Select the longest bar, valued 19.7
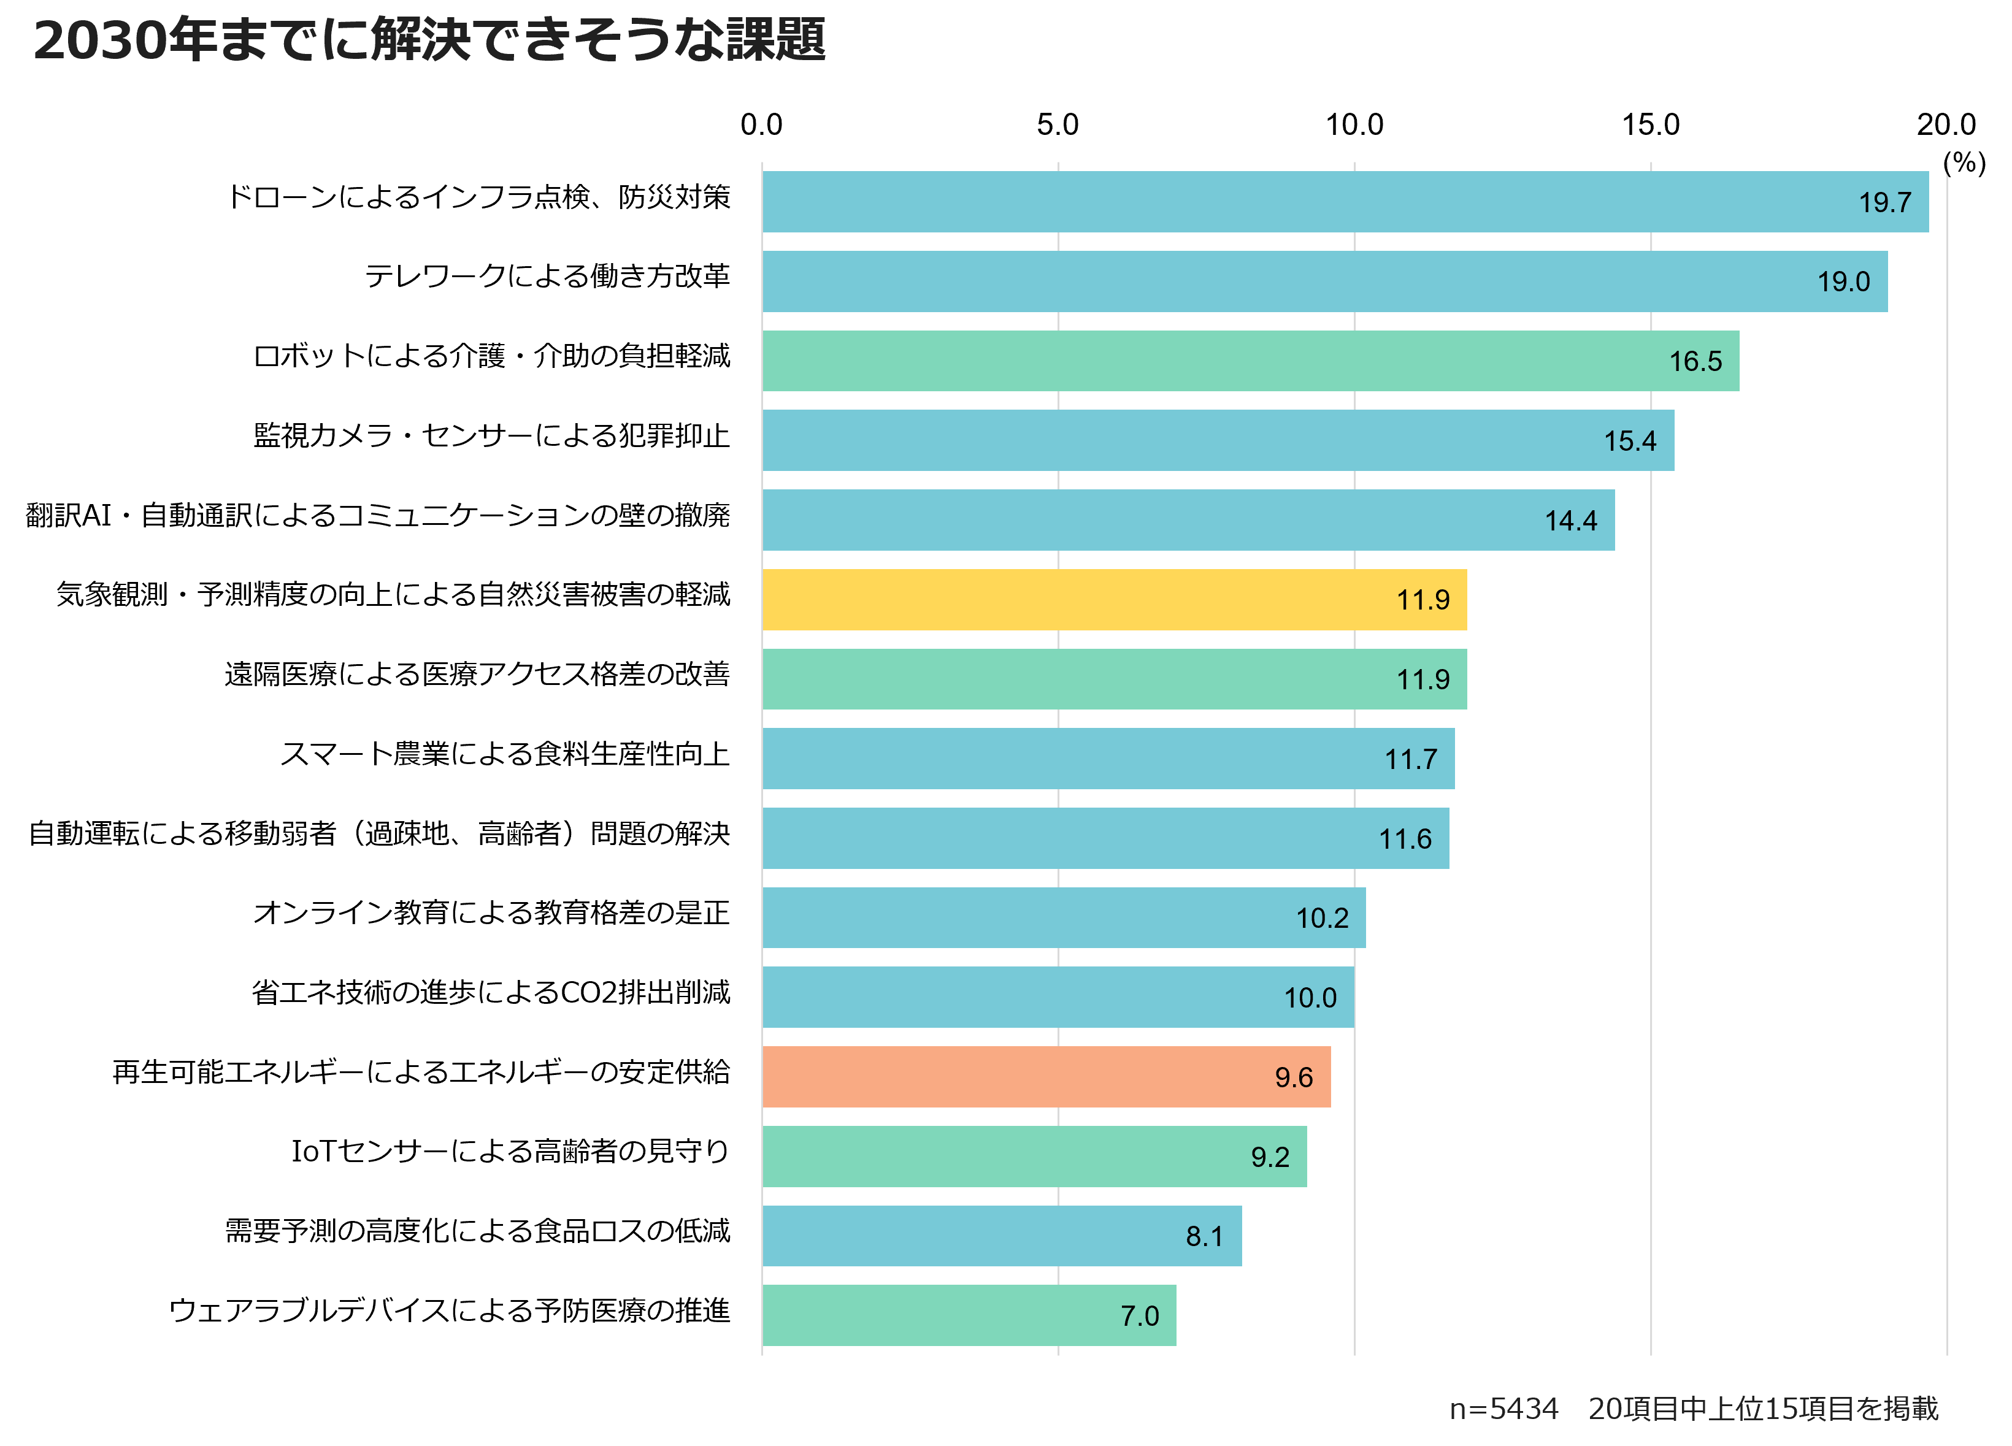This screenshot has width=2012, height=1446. click(x=1345, y=202)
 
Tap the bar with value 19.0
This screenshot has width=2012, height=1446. click(x=1324, y=281)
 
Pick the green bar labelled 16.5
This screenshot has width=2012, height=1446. click(x=1250, y=361)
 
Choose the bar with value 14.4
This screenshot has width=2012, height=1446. click(x=1188, y=520)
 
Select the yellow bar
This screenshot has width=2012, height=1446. click(x=1114, y=600)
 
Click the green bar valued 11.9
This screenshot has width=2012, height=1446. click(x=1114, y=679)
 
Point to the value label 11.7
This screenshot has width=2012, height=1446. click(x=1410, y=759)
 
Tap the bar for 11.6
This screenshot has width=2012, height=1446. click(x=1105, y=838)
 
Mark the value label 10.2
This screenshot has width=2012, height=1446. click(x=1322, y=918)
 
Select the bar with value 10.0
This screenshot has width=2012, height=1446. click(x=1058, y=997)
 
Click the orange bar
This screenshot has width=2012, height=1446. click(x=1046, y=1077)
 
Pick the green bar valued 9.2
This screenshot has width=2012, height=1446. click(x=1034, y=1157)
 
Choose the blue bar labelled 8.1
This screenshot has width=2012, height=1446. click(x=1002, y=1236)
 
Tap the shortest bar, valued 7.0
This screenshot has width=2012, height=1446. click(x=969, y=1315)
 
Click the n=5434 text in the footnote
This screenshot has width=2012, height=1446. click(x=1503, y=1409)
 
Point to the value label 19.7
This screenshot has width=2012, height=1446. click(x=1884, y=203)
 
